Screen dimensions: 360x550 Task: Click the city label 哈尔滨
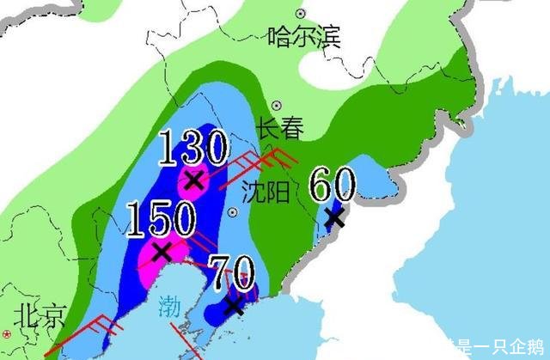[x=304, y=37]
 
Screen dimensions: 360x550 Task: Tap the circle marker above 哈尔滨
[x=300, y=14]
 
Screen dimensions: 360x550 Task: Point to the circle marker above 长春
[x=278, y=105]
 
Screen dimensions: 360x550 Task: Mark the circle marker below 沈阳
[x=232, y=212]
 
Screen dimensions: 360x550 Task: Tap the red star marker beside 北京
[x=7, y=333]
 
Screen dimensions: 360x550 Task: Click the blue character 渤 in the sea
[x=169, y=305]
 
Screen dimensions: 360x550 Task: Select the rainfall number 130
[x=192, y=149]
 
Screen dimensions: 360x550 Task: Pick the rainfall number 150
[x=161, y=219]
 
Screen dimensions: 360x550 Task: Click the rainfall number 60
[x=333, y=184]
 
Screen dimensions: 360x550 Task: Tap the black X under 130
[x=194, y=180]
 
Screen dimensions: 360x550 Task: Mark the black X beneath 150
[x=160, y=251]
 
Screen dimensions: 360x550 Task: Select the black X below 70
[x=233, y=305]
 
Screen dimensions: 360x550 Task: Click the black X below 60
[x=335, y=217]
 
